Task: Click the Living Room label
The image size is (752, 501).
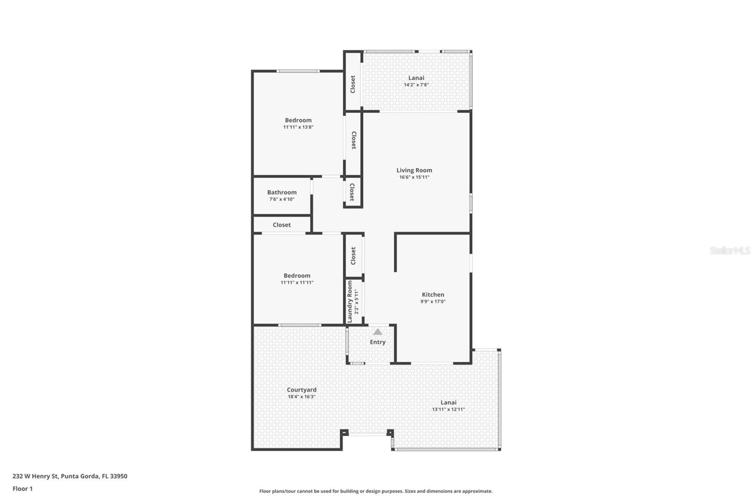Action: (414, 171)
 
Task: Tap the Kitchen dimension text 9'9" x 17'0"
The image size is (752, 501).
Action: (433, 302)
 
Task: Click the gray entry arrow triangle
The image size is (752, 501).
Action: (378, 332)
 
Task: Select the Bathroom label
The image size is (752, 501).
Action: (282, 192)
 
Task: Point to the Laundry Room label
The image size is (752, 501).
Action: (350, 302)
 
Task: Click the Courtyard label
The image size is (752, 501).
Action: (302, 390)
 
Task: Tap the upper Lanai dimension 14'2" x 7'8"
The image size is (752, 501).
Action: (416, 85)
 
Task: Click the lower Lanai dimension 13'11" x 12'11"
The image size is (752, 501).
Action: (448, 409)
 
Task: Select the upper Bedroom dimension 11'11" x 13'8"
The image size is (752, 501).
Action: (298, 127)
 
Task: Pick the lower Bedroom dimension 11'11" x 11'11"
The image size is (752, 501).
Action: (297, 283)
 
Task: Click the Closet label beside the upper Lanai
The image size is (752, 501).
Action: (353, 85)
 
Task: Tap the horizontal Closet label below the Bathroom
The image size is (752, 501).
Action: (282, 225)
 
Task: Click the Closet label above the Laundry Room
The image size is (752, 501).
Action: (353, 256)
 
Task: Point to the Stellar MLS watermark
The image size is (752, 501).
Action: (729, 251)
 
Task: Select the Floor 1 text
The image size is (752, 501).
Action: (23, 489)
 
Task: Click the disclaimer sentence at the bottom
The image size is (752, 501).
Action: (376, 491)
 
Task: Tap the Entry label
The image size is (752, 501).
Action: (377, 342)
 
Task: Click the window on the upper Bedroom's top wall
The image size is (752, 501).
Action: (298, 71)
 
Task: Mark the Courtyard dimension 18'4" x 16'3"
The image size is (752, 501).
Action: (302, 397)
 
